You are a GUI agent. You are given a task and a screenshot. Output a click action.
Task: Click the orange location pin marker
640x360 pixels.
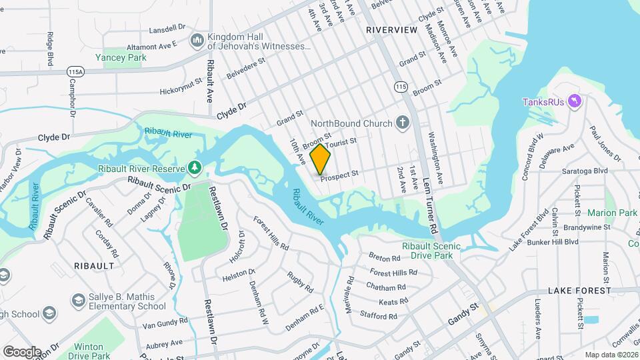pos(321,159)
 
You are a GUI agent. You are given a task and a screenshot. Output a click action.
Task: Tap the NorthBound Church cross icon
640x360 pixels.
pos(402,123)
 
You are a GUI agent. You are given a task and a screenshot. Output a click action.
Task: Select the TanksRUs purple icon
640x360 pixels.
pos(576,101)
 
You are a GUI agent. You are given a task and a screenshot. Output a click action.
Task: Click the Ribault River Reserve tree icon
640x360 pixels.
pos(195,167)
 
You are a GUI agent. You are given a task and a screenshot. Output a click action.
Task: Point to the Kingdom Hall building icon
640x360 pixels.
pos(197,41)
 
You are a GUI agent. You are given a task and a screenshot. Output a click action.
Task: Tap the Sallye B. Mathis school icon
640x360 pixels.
pos(78,301)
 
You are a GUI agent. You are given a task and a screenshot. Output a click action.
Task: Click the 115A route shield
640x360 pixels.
pos(76,71)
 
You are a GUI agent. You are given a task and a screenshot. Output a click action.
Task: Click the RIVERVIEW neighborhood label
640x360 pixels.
pos(392,30)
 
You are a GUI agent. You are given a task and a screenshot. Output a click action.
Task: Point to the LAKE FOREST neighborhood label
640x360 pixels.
pos(579,291)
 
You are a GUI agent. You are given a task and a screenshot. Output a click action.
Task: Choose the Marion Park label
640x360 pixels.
pos(612,213)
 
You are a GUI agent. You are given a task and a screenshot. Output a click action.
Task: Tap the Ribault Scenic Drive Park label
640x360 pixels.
pos(432,250)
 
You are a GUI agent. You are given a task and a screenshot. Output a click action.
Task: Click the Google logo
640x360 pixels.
pos(22,351)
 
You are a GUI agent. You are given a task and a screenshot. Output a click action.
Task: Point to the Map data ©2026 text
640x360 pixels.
pos(611,355)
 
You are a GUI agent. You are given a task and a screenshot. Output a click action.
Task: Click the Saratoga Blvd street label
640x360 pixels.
pos(587,171)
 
